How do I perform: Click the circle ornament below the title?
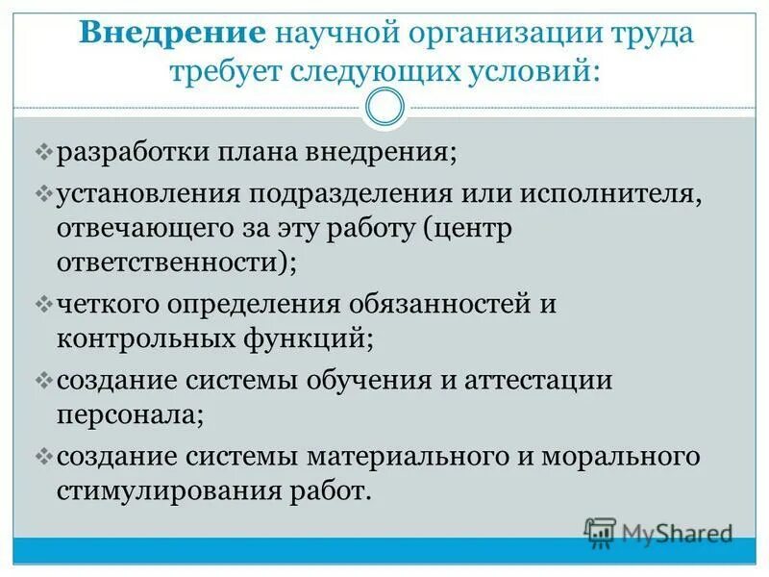pyautogui.click(x=384, y=107)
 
